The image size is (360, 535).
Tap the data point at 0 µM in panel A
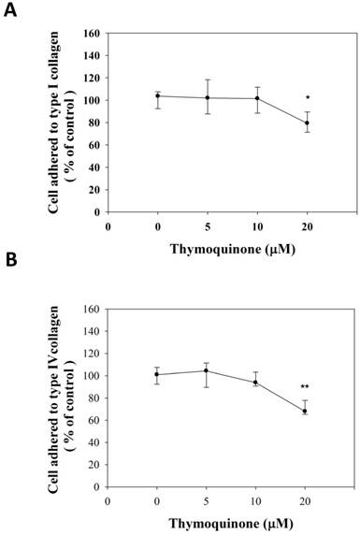point(158,95)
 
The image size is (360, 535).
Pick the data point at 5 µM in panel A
point(208,97)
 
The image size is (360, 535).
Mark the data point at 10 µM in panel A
point(257,98)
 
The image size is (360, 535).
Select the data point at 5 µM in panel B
point(208,370)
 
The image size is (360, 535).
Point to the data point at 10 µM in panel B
point(257,382)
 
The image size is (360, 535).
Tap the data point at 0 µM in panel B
point(158,374)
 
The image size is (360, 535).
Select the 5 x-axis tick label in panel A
point(208,225)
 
